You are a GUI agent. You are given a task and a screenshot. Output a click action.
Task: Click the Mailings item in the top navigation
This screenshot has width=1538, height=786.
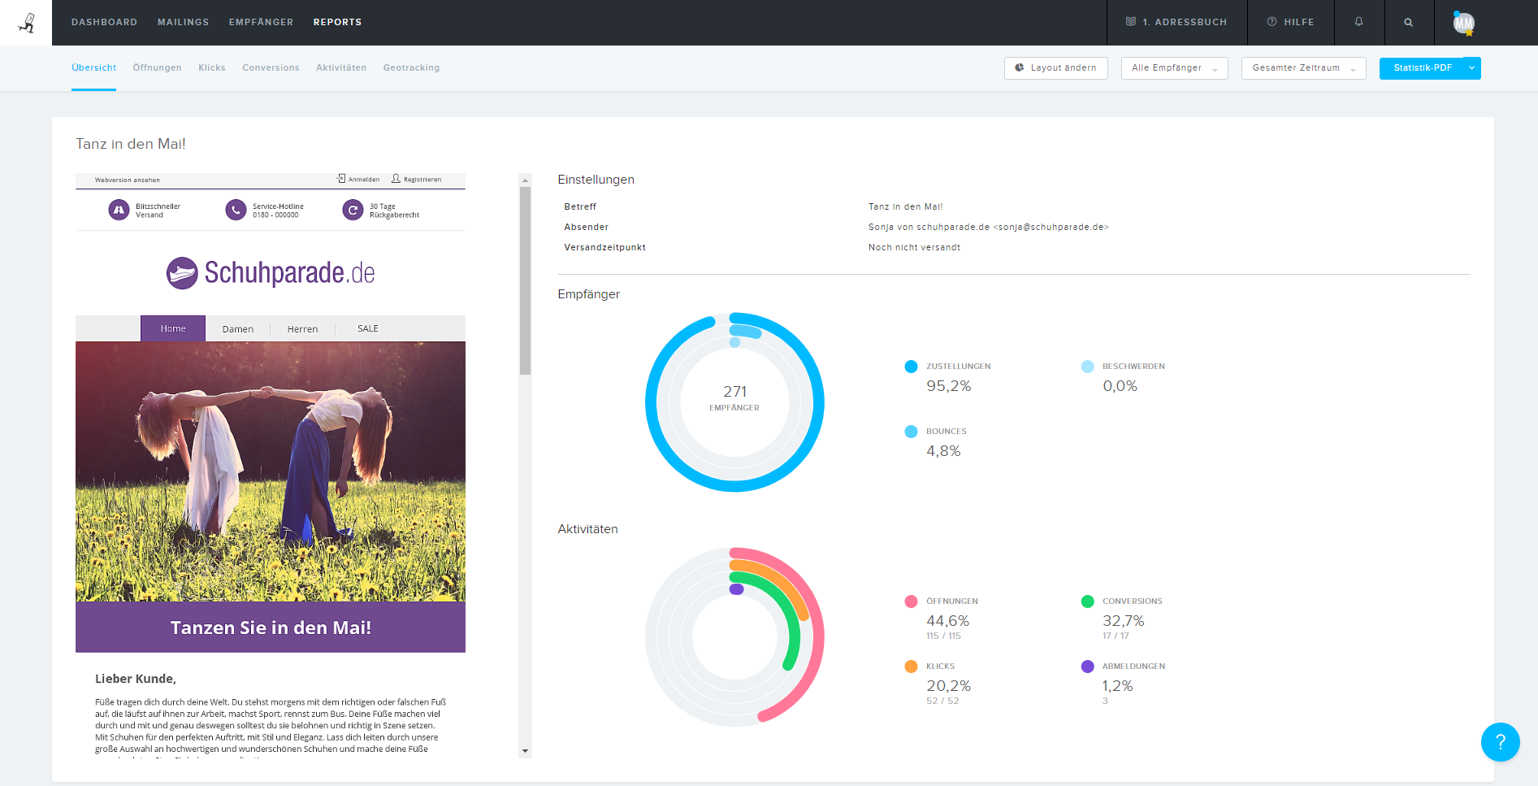tap(183, 22)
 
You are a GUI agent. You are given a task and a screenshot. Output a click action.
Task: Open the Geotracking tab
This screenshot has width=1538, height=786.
tap(411, 67)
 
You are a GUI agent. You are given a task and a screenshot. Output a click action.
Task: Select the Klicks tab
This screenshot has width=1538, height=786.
tap(211, 67)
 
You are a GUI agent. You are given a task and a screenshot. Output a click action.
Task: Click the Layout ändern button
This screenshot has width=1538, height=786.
tap(1056, 67)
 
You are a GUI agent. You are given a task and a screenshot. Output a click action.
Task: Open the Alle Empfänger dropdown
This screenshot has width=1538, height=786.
tap(1174, 67)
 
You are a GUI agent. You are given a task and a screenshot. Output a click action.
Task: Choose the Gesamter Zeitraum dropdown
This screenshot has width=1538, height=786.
tap(1303, 67)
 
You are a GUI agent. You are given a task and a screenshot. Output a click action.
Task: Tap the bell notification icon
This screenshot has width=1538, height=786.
tap(1358, 22)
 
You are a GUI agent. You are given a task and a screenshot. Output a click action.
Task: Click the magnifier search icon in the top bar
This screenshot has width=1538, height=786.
tap(1408, 22)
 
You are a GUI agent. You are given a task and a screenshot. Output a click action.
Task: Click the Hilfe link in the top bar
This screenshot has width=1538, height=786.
tap(1290, 22)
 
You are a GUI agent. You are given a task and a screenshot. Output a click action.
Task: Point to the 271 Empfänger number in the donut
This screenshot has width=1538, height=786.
tap(734, 392)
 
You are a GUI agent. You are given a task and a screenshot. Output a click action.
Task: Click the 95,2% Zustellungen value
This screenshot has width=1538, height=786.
tap(948, 386)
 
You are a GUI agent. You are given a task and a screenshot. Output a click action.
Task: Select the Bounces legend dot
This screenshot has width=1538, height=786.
tap(911, 432)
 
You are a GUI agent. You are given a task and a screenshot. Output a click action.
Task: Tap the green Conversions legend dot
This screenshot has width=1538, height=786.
tap(1087, 601)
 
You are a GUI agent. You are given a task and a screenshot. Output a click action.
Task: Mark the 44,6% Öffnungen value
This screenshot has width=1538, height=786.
tap(947, 621)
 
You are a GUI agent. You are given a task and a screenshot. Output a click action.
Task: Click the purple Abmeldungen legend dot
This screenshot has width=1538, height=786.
tap(1087, 667)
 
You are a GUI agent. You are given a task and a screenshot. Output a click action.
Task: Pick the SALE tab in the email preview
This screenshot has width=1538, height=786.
tap(367, 328)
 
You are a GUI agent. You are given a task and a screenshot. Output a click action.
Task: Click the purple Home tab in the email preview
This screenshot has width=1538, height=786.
tap(173, 328)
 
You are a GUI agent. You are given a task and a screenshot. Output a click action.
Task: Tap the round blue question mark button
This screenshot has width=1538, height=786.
tap(1500, 741)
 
